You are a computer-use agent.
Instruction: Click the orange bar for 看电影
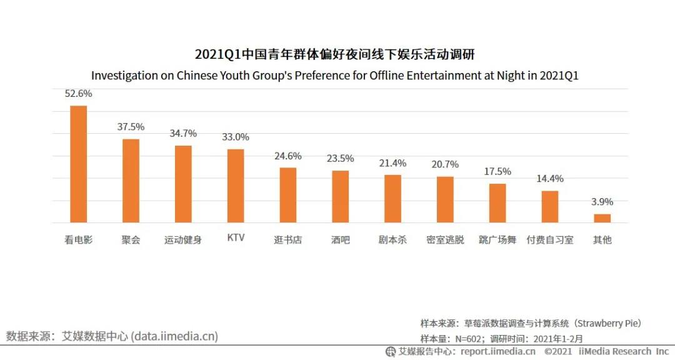coord(78,164)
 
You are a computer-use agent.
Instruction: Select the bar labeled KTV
coord(236,186)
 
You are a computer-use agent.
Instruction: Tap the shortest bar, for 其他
coord(602,218)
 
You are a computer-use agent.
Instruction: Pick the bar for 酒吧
coord(340,196)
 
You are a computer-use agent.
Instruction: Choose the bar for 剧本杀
coord(392,199)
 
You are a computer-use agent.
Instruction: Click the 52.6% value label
coord(78,94)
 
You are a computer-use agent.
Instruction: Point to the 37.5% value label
coord(131,127)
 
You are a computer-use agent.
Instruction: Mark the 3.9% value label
coord(602,202)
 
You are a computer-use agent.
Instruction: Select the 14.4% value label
coord(549,179)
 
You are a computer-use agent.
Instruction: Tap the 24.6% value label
coord(287,156)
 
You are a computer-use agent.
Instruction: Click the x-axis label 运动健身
coord(183,240)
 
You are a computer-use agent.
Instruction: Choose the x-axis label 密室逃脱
coord(445,240)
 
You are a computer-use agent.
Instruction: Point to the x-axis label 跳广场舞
coord(497,240)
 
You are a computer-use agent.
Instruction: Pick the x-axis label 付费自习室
coord(549,240)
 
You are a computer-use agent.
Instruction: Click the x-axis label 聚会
coord(131,240)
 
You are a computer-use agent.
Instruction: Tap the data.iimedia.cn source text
coord(174,336)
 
